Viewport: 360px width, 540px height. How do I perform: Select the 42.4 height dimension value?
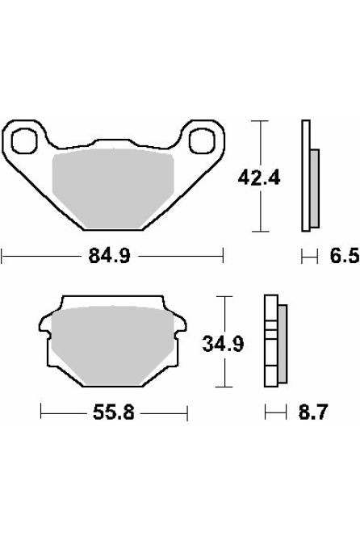(260, 177)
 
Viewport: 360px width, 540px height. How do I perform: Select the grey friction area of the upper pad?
(112, 182)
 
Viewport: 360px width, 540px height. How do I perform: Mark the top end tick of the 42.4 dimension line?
(260, 121)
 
